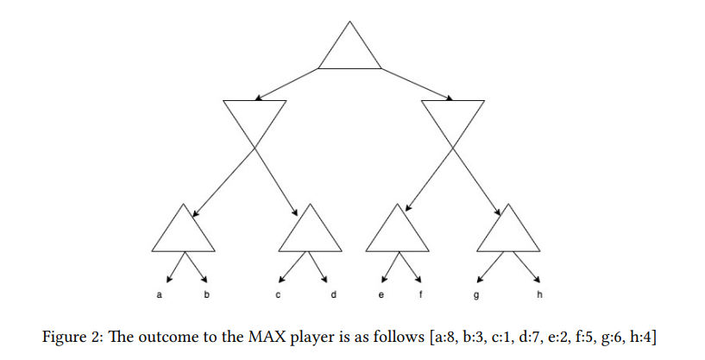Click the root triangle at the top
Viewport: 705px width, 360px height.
point(349,48)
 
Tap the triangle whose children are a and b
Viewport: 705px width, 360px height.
point(183,231)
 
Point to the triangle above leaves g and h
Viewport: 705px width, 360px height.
point(508,231)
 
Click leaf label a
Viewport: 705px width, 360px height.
point(159,296)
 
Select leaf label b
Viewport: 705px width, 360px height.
point(206,296)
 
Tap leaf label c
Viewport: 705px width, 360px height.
point(277,296)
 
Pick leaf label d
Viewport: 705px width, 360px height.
point(333,296)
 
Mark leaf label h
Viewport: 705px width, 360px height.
point(540,296)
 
